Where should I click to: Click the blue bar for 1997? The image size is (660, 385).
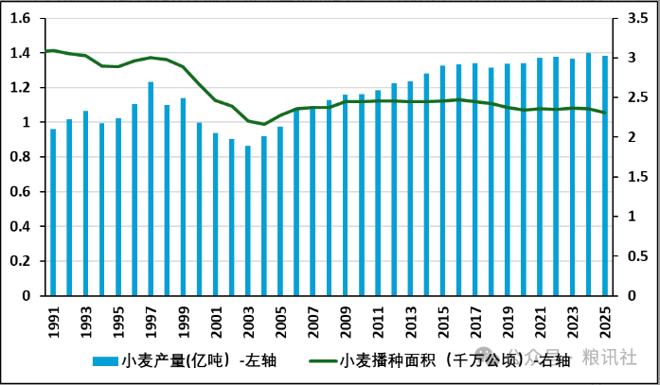pyautogui.click(x=151, y=189)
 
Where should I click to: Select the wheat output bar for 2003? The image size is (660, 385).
pyautogui.click(x=248, y=220)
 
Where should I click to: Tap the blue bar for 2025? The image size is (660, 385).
pyautogui.click(x=605, y=176)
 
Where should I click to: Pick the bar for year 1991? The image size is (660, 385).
pyautogui.click(x=53, y=212)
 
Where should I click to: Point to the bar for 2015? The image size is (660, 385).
pyautogui.click(x=442, y=181)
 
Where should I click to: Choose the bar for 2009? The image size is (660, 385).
pyautogui.click(x=346, y=195)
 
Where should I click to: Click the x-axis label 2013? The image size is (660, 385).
pyautogui.click(x=410, y=323)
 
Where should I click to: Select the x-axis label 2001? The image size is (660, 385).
pyautogui.click(x=216, y=323)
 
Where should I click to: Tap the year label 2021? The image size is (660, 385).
pyautogui.click(x=541, y=323)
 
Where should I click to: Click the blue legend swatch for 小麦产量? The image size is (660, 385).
pyautogui.click(x=106, y=361)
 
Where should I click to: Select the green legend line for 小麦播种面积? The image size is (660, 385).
pyautogui.click(x=323, y=361)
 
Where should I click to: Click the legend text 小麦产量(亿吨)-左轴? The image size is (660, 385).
pyautogui.click(x=199, y=361)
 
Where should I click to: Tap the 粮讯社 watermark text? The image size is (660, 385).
pyautogui.click(x=610, y=358)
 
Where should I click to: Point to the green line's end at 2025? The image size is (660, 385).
pyautogui.click(x=605, y=113)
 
